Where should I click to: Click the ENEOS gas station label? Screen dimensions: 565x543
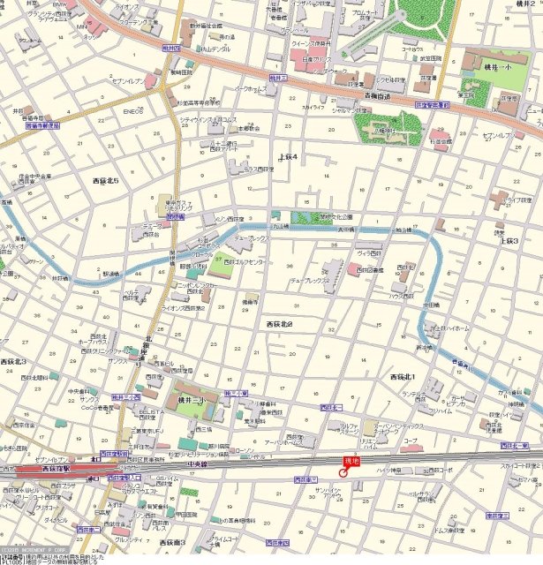click(132, 112)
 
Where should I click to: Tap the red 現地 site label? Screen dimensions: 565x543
click(352, 460)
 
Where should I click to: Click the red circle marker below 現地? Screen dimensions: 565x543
click(344, 471)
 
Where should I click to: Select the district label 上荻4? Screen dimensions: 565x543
click(288, 156)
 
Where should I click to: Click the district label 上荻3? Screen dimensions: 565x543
click(505, 239)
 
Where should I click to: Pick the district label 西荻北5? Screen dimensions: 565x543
click(111, 180)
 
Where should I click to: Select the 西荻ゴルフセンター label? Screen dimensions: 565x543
click(246, 262)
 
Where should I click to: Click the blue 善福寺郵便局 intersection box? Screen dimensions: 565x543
click(42, 126)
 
